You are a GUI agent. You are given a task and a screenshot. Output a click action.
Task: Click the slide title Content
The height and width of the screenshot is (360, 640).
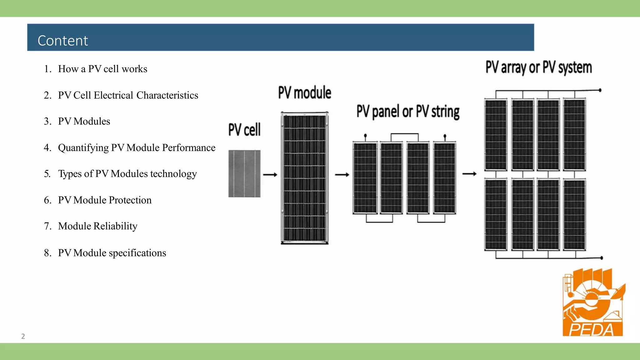(63, 41)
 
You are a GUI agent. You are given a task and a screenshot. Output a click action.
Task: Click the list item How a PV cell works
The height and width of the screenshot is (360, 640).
(102, 69)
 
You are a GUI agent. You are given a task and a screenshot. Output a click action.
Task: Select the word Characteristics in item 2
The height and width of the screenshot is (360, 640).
(167, 95)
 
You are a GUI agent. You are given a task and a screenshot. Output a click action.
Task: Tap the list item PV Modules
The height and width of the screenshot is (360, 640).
(84, 121)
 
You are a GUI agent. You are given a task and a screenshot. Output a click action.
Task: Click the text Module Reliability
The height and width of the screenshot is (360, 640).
(97, 226)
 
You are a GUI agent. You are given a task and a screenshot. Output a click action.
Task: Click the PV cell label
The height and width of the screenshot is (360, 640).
(244, 130)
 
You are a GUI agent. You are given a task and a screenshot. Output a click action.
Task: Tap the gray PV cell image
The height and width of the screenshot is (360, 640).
(244, 174)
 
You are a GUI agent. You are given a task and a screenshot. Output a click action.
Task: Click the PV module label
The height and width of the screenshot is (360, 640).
(305, 93)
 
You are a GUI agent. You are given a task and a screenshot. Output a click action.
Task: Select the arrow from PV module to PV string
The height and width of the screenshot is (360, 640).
(342, 175)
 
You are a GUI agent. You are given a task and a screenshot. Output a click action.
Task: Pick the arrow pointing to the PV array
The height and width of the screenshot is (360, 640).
(469, 174)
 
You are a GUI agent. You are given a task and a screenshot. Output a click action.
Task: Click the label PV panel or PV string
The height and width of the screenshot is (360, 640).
(408, 112)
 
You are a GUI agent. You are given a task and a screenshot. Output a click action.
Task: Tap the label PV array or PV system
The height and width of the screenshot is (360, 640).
(539, 67)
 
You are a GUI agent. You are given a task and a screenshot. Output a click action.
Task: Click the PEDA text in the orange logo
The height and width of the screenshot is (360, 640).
(592, 330)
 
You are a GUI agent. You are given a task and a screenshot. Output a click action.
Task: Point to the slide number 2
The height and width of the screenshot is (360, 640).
(23, 336)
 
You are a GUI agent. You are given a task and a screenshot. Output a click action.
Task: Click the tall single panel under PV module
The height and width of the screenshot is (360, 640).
(305, 178)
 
